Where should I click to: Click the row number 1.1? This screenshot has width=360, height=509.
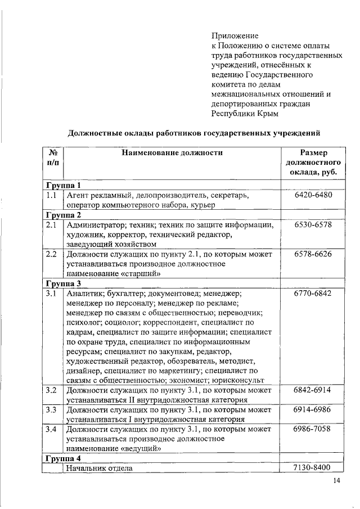pyautogui.click(x=52, y=196)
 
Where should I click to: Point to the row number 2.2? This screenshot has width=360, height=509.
pyautogui.click(x=52, y=254)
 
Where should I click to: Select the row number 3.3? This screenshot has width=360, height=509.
pyautogui.click(x=52, y=409)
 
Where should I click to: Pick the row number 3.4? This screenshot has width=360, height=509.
pyautogui.click(x=52, y=429)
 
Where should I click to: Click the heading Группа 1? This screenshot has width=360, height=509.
pyautogui.click(x=64, y=185)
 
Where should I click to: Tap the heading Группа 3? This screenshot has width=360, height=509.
pyautogui.click(x=64, y=283)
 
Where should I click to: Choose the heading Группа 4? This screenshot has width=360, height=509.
pyautogui.click(x=64, y=458)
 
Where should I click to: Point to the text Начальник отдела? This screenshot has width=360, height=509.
pyautogui.click(x=99, y=468)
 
